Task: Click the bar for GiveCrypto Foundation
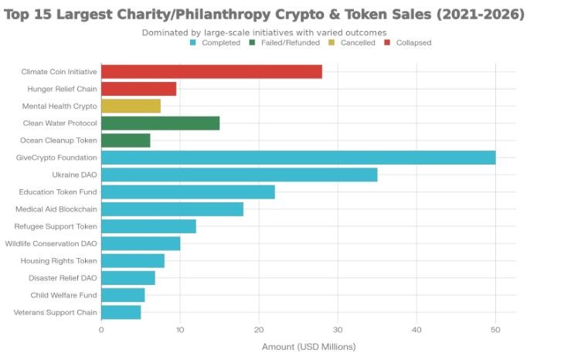tap(297, 158)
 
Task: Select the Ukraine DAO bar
tap(239, 175)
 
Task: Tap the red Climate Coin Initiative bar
tap(211, 72)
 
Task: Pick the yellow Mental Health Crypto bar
tap(131, 106)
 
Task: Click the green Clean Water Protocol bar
tap(160, 123)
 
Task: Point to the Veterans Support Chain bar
tap(121, 312)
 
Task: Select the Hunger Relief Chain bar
tap(138, 89)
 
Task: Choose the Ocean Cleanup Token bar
tap(125, 140)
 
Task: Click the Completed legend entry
tap(216, 43)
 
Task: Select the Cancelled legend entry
tap(352, 43)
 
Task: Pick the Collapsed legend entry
tap(410, 43)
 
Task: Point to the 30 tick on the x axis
tap(338, 329)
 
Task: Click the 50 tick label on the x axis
tap(495, 329)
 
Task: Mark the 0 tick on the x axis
tap(101, 329)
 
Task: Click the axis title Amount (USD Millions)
tap(308, 347)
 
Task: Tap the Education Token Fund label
tap(58, 192)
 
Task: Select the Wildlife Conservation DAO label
tap(51, 243)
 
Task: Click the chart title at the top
tap(263, 14)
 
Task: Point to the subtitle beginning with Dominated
tap(263, 32)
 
